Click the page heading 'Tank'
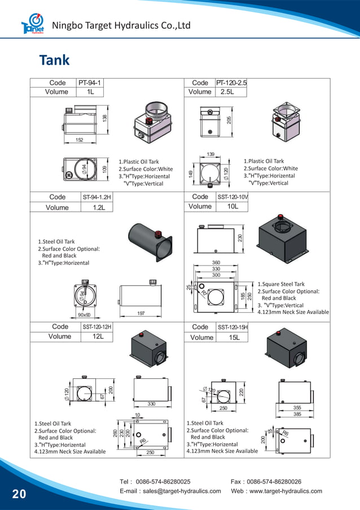coord(54,60)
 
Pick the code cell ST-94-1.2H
coord(97,197)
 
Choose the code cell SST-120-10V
coord(232,197)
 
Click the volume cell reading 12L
coord(98,337)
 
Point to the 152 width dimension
coord(80,140)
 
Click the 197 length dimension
coord(142,313)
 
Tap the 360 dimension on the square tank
coord(216,263)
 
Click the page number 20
coord(19,494)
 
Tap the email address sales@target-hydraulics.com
coord(182,491)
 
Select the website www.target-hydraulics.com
coord(286,491)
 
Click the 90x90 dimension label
coord(84,315)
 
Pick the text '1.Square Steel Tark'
coord(281,284)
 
